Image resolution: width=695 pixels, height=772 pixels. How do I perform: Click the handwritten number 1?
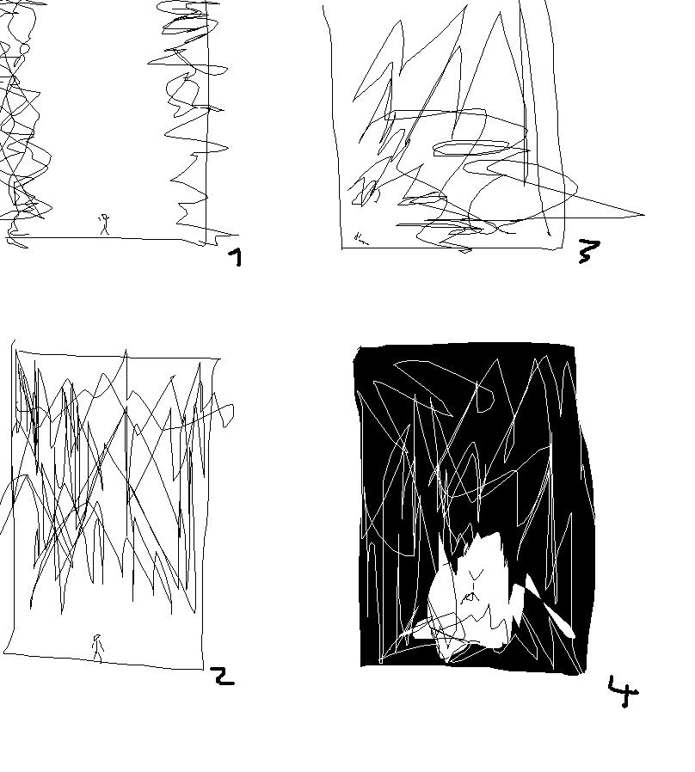(237, 258)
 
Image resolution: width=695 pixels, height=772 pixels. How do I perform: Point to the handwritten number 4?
(623, 691)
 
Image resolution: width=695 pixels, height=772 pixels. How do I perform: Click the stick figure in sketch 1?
(104, 224)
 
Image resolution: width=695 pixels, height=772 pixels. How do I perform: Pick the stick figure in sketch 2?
(97, 648)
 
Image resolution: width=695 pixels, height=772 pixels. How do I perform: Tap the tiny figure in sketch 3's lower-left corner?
(360, 238)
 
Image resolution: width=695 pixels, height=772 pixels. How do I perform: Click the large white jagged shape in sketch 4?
(468, 596)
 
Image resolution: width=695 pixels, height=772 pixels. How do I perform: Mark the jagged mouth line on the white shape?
(471, 597)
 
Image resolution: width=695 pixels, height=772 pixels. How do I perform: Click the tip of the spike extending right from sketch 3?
(644, 215)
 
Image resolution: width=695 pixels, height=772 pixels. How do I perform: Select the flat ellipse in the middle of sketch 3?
(471, 148)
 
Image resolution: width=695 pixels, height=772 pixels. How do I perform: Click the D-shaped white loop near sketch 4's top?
(485, 398)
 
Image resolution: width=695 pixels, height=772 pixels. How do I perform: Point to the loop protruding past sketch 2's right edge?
(224, 414)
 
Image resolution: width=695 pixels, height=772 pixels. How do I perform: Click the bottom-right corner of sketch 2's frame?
(203, 670)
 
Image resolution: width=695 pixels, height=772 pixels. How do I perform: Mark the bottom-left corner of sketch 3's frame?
(342, 248)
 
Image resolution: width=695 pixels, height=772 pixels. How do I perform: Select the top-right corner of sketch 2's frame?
(219, 359)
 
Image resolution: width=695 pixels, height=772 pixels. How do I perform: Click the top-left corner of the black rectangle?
(357, 348)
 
